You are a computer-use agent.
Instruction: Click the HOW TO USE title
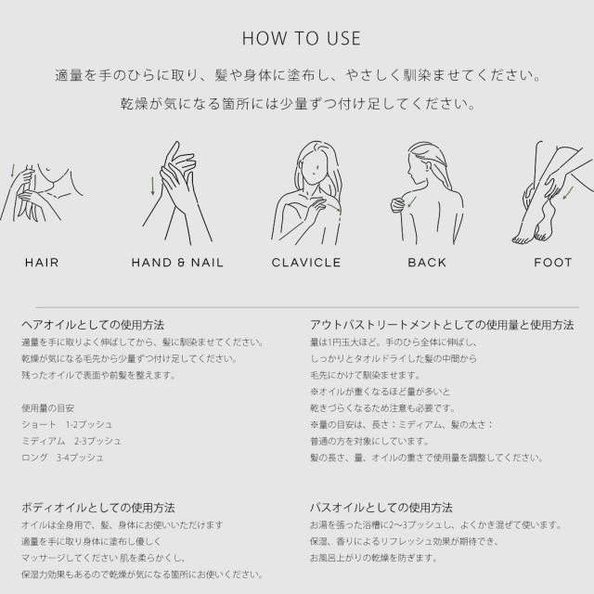click(x=301, y=39)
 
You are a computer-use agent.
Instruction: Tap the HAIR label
click(x=42, y=263)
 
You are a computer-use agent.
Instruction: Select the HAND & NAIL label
click(x=177, y=263)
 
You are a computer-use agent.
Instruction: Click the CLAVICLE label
click(x=306, y=263)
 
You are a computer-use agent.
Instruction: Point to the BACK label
click(x=427, y=263)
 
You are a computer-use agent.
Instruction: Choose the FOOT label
click(x=553, y=263)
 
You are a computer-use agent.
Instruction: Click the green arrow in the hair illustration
click(x=12, y=171)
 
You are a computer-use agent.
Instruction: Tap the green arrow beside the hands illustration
click(x=152, y=186)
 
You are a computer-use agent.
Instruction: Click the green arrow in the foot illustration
click(x=568, y=193)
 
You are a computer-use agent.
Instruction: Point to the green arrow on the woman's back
click(x=412, y=202)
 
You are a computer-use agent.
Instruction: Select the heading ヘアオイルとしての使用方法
click(x=93, y=325)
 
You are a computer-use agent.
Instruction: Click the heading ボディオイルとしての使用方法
click(x=98, y=508)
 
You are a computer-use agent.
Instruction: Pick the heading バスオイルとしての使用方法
click(x=381, y=508)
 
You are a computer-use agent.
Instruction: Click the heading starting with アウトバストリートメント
click(x=442, y=325)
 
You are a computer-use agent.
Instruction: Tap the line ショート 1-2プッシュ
click(x=67, y=425)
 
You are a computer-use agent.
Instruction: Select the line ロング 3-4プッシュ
click(x=62, y=458)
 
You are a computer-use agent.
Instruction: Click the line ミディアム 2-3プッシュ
click(x=71, y=441)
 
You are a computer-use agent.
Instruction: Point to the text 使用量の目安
click(x=47, y=408)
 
